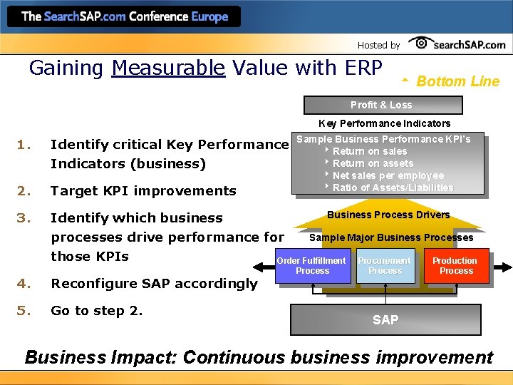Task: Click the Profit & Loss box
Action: pyautogui.click(x=382, y=105)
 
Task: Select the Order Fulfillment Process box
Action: pyautogui.click(x=312, y=266)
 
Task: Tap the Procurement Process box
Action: pyautogui.click(x=385, y=266)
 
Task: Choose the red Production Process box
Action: pyautogui.click(x=455, y=266)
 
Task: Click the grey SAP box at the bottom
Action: pyautogui.click(x=385, y=320)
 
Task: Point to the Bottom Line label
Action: pyautogui.click(x=457, y=81)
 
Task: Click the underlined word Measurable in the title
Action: pyautogui.click(x=168, y=68)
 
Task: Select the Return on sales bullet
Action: pyautogui.click(x=369, y=151)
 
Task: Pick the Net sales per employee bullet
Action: pyautogui.click(x=388, y=175)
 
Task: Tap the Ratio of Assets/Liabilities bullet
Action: pyautogui.click(x=393, y=188)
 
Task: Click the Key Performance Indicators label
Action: pyautogui.click(x=384, y=123)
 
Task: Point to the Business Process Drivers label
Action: pyautogui.click(x=388, y=215)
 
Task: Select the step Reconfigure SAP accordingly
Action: pyautogui.click(x=154, y=283)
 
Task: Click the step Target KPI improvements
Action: pyautogui.click(x=143, y=190)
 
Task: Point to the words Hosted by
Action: pyautogui.click(x=378, y=45)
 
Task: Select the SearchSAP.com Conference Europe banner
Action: pyautogui.click(x=125, y=16)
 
